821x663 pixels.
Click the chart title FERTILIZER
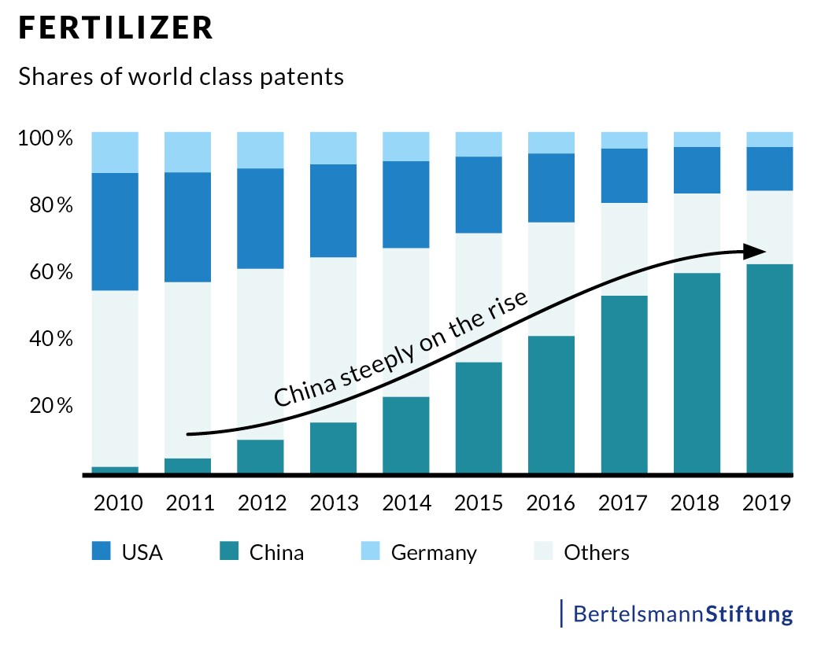coord(116,28)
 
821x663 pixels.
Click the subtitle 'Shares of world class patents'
coord(181,77)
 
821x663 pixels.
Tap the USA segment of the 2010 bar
coord(115,231)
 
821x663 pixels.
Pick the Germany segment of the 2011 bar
coord(187,152)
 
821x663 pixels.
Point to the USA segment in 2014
coord(406,204)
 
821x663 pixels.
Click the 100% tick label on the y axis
coord(46,139)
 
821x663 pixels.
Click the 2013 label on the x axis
coord(334,503)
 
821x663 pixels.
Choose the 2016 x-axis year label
coord(552,503)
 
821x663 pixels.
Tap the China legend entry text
coord(276,552)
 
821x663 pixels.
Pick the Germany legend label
coord(434,552)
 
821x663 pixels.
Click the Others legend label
coord(597,552)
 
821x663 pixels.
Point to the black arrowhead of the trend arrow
coord(756,251)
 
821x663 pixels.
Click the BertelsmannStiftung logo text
coord(682,613)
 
